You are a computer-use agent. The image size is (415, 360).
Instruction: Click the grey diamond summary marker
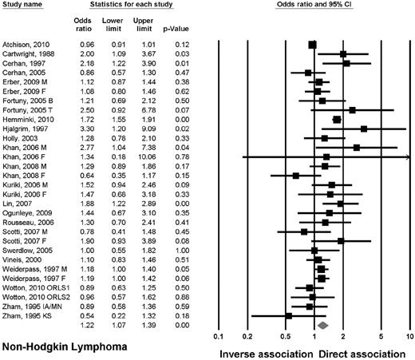point(322,326)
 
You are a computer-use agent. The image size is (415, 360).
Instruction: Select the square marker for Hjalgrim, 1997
point(363,128)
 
